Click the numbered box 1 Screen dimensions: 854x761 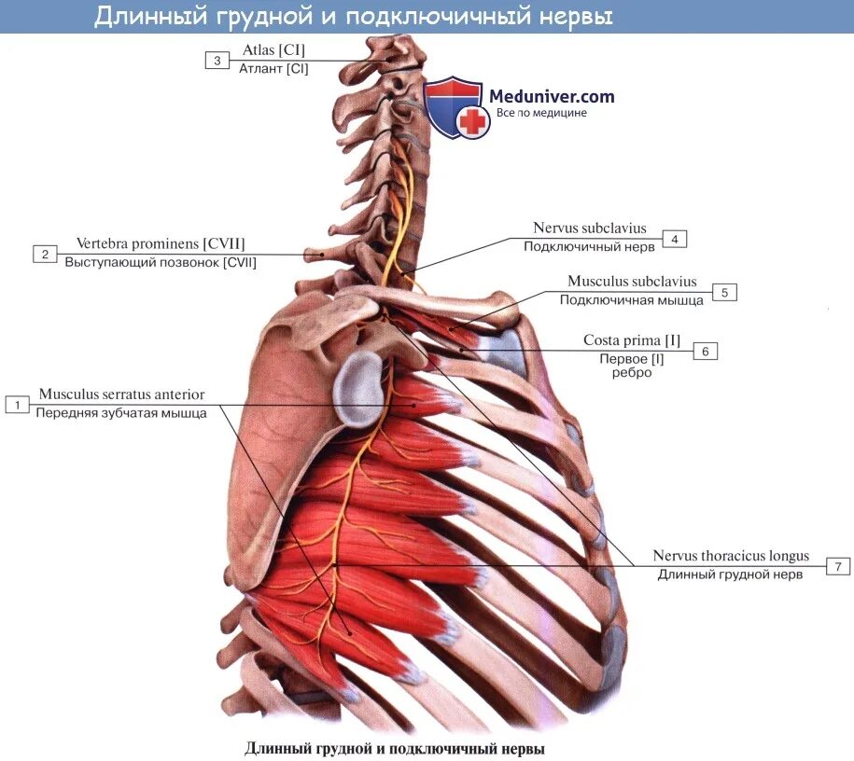click(x=16, y=405)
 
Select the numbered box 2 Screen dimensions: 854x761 click(x=44, y=254)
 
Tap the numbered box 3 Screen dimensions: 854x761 click(x=217, y=61)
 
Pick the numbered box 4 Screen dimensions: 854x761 click(x=675, y=239)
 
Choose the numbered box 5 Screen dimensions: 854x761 click(x=724, y=292)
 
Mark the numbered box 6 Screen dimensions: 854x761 click(x=706, y=351)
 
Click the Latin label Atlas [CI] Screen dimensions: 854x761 click(x=273, y=50)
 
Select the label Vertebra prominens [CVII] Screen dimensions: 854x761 click(x=161, y=243)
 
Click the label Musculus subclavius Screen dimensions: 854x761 click(x=632, y=282)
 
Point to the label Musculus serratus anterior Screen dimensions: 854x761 click(x=121, y=394)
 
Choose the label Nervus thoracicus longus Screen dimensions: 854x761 click(x=731, y=556)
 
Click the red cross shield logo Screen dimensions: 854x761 click(x=454, y=108)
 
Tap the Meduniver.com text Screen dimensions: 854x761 click(x=552, y=95)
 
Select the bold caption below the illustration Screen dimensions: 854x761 click(x=394, y=748)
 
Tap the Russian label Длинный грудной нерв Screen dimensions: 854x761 click(x=730, y=574)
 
